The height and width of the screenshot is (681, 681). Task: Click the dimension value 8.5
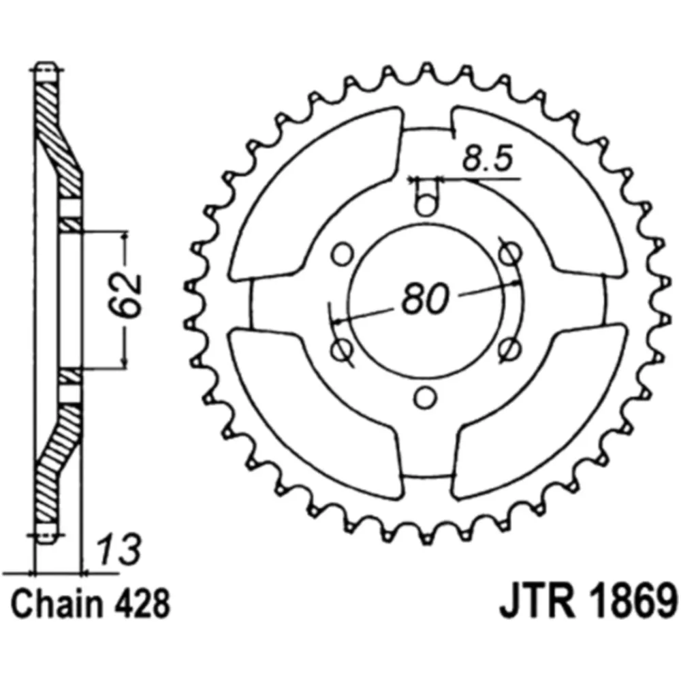click(486, 161)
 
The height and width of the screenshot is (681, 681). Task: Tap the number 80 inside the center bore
click(426, 298)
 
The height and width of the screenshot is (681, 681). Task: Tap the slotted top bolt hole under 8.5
click(426, 197)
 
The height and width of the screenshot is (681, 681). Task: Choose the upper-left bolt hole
click(343, 255)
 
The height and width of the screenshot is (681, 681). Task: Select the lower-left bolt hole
click(342, 349)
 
